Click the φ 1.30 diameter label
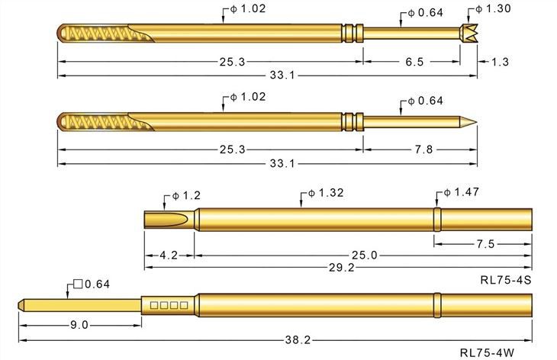(x=497, y=8)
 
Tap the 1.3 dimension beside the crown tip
(x=500, y=62)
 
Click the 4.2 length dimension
(x=169, y=256)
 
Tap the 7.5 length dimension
(x=486, y=244)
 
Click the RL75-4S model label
(x=505, y=281)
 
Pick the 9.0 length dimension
(x=79, y=325)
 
